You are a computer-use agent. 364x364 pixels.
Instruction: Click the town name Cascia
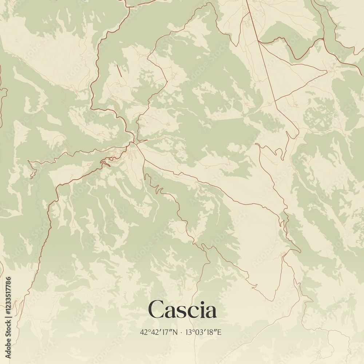[182, 310]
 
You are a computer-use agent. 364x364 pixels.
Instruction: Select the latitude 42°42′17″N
[159, 332]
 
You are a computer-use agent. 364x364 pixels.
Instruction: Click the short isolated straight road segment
[119, 70]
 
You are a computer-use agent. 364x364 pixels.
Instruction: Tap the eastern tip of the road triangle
[327, 71]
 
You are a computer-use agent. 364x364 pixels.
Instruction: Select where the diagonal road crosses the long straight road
[276, 100]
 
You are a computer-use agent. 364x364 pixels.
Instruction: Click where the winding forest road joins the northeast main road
[324, 39]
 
